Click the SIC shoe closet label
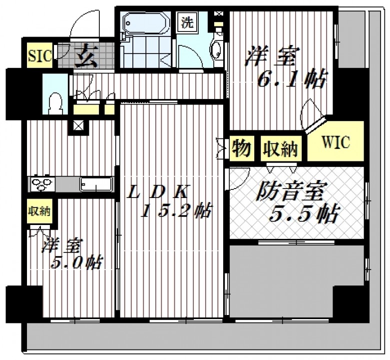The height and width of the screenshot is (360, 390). [40, 56]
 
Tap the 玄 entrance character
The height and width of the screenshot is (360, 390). [86, 56]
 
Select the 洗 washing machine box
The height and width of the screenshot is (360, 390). [187, 22]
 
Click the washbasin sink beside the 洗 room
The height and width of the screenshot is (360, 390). [216, 50]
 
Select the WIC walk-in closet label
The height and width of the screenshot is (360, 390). [336, 142]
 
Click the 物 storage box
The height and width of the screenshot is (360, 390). [242, 148]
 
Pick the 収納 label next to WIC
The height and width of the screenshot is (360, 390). [281, 148]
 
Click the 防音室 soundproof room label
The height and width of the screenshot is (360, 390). [290, 191]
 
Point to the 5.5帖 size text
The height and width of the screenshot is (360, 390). [304, 213]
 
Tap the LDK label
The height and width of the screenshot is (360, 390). [159, 191]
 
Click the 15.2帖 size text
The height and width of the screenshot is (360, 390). [176, 211]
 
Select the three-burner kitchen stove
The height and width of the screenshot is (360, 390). [42, 184]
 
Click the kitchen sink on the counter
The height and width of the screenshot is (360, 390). [96, 184]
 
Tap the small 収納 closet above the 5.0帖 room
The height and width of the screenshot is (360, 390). [40, 211]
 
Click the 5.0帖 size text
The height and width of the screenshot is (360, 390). [76, 262]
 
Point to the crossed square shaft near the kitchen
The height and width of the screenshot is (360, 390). [78, 126]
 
